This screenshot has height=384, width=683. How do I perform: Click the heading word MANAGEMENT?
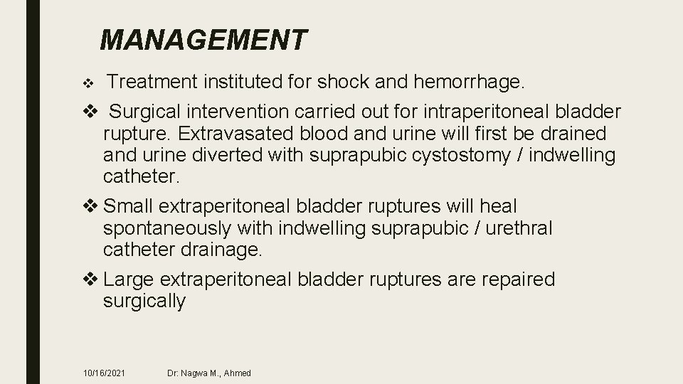click(x=204, y=40)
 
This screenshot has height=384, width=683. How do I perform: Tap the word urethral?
click(x=511, y=228)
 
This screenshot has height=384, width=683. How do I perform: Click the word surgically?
click(x=144, y=301)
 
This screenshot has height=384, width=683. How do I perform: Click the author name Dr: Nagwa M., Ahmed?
click(x=209, y=373)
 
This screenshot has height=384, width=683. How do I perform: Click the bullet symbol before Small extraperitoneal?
click(x=92, y=207)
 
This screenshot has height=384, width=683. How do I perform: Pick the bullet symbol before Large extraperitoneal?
click(x=92, y=279)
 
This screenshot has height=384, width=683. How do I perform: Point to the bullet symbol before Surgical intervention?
click(x=92, y=112)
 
